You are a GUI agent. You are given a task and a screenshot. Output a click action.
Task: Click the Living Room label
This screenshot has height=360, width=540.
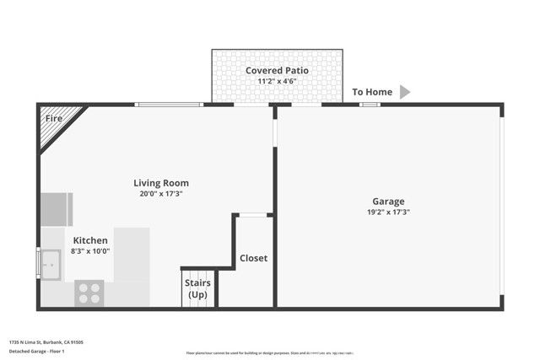161,183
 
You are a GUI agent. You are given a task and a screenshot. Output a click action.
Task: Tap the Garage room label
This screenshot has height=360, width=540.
388,201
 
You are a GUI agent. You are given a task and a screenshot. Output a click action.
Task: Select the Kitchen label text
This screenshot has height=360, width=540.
90,240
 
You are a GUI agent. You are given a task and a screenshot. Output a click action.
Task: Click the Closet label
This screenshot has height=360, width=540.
253,258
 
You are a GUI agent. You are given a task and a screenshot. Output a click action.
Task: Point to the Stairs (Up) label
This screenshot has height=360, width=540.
197,288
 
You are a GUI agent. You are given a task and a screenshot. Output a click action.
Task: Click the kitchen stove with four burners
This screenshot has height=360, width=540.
89,293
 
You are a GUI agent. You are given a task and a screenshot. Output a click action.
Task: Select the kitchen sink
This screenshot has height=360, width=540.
50,263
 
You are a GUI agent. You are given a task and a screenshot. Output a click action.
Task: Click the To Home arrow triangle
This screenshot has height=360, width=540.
405,92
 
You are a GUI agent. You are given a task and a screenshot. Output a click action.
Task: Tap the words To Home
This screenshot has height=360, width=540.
372,92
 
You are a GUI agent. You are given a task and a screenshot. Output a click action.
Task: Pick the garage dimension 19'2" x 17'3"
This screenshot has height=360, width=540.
388,212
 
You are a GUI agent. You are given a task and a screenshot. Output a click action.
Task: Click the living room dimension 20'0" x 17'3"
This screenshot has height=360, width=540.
161,194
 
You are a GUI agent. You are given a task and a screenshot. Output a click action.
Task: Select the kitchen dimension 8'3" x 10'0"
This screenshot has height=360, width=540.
90,250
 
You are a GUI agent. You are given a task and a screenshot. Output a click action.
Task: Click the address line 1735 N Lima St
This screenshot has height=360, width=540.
46,342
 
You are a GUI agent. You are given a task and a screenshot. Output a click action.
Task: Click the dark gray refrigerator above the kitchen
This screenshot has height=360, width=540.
57,209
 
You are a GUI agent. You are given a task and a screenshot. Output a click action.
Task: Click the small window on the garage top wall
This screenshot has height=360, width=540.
369,105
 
